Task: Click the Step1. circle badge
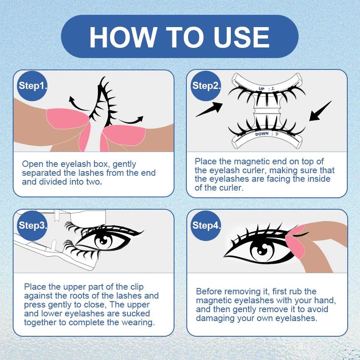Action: [32, 86]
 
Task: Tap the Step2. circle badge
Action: [206, 86]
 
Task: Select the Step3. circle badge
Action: [32, 225]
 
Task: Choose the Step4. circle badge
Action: [206, 225]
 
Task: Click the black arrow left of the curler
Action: [209, 110]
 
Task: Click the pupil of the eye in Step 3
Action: [103, 241]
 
